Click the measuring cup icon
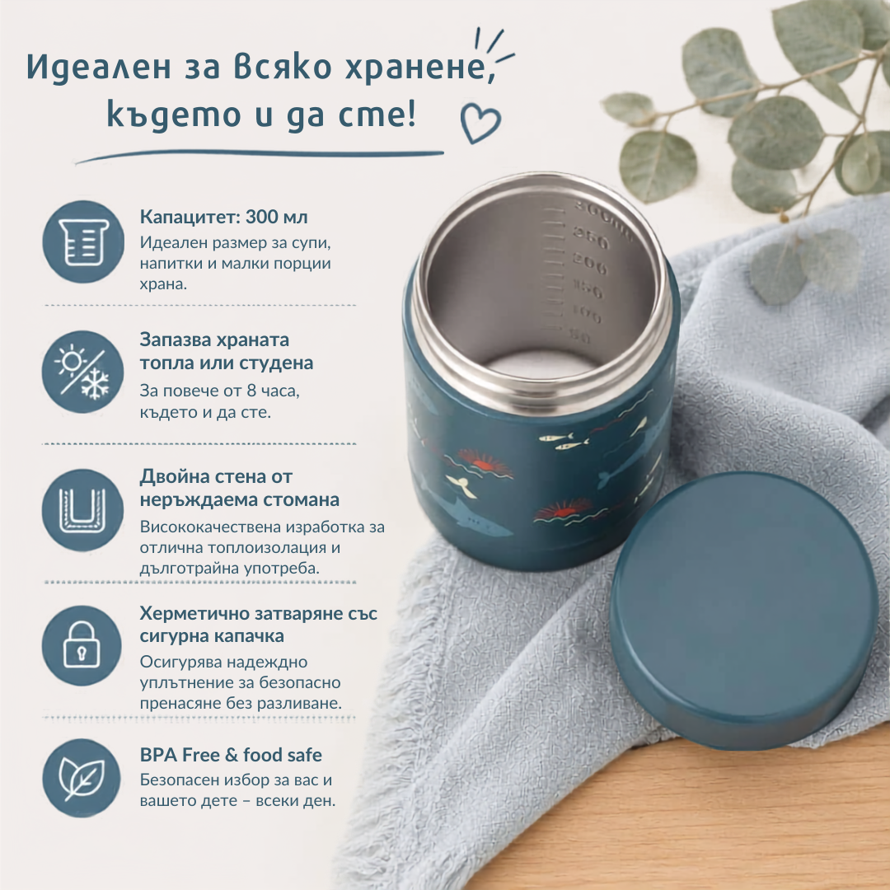click(83, 241)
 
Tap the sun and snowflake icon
click(83, 372)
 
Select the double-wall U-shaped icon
click(83, 510)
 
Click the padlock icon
click(82, 645)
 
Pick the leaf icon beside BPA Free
click(82, 778)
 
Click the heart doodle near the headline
click(480, 123)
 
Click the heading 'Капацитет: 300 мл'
click(223, 216)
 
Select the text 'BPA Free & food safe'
click(231, 755)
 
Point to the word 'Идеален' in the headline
click(99, 67)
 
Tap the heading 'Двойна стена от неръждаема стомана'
click(240, 488)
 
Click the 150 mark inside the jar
click(588, 289)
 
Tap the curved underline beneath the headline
click(260, 155)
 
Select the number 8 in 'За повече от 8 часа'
click(251, 391)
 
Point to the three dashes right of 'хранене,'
click(494, 44)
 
